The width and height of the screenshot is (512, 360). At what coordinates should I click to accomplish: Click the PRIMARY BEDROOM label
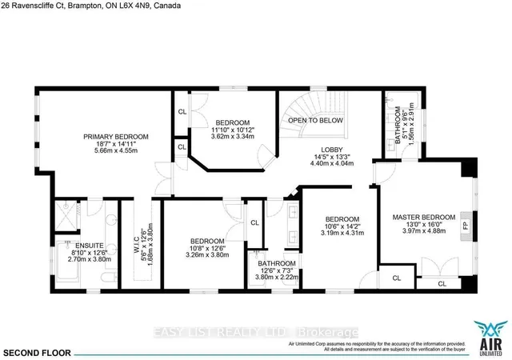111,137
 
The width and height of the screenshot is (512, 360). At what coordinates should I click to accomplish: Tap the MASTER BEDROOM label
423,217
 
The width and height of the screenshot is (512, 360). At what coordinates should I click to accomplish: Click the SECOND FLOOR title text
38,352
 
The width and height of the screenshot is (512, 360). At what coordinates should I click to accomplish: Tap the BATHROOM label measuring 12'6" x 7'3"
276,263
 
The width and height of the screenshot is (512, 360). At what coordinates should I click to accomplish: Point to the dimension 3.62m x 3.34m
234,136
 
